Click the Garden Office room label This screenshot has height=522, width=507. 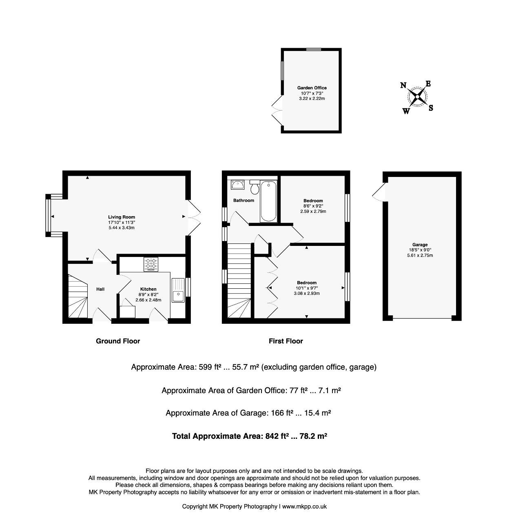click(312, 88)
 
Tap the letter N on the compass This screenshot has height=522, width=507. click(403, 85)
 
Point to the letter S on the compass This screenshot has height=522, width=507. click(431, 108)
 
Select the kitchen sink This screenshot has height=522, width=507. click(178, 290)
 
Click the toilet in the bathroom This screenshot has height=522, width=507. click(255, 187)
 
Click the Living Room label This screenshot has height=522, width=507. click(122, 217)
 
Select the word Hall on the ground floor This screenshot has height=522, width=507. click(100, 289)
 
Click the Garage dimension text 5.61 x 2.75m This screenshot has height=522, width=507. click(420, 255)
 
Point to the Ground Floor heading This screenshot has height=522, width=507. click(118, 341)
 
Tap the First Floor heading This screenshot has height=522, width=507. click(286, 341)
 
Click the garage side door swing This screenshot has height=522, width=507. click(379, 192)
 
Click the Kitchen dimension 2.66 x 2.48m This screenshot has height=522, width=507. click(148, 300)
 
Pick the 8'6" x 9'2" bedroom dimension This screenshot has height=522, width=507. click(313, 206)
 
